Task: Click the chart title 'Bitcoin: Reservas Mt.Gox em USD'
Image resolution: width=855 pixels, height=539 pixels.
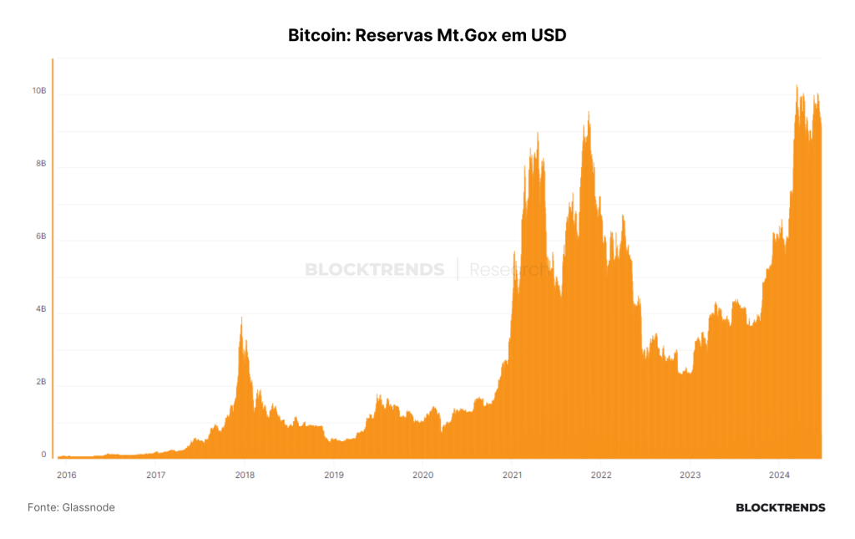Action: [x=427, y=35]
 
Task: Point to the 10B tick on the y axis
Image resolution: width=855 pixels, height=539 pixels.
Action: [x=39, y=90]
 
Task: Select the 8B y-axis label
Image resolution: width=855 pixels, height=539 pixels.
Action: [x=41, y=164]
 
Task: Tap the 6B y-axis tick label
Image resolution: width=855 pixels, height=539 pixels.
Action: [x=41, y=236]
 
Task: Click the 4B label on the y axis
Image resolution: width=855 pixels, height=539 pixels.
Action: [x=41, y=309]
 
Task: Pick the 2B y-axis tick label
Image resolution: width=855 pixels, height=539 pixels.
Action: [x=41, y=382]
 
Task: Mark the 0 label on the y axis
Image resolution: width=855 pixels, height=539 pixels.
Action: [x=43, y=455]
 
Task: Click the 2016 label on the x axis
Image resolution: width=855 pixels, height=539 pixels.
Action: [x=67, y=475]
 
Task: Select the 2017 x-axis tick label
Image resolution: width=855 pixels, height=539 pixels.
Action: [x=155, y=475]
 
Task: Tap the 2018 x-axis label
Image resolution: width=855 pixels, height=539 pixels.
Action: [x=245, y=475]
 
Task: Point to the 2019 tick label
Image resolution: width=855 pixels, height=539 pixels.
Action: [x=334, y=475]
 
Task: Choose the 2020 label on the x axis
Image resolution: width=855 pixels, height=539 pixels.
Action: [x=422, y=475]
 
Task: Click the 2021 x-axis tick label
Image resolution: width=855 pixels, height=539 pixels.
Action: [x=512, y=475]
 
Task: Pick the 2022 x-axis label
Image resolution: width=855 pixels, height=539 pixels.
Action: [x=601, y=475]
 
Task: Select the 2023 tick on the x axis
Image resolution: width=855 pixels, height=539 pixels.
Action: [x=690, y=475]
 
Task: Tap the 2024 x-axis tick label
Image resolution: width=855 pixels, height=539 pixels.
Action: [x=779, y=475]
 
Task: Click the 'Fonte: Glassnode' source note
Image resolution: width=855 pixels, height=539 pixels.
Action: [x=71, y=507]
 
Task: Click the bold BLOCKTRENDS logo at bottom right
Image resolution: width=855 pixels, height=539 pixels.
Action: [x=781, y=508]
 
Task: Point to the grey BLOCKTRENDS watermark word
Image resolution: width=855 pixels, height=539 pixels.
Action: [x=375, y=269]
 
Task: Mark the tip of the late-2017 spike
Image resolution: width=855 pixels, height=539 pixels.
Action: [x=241, y=318]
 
